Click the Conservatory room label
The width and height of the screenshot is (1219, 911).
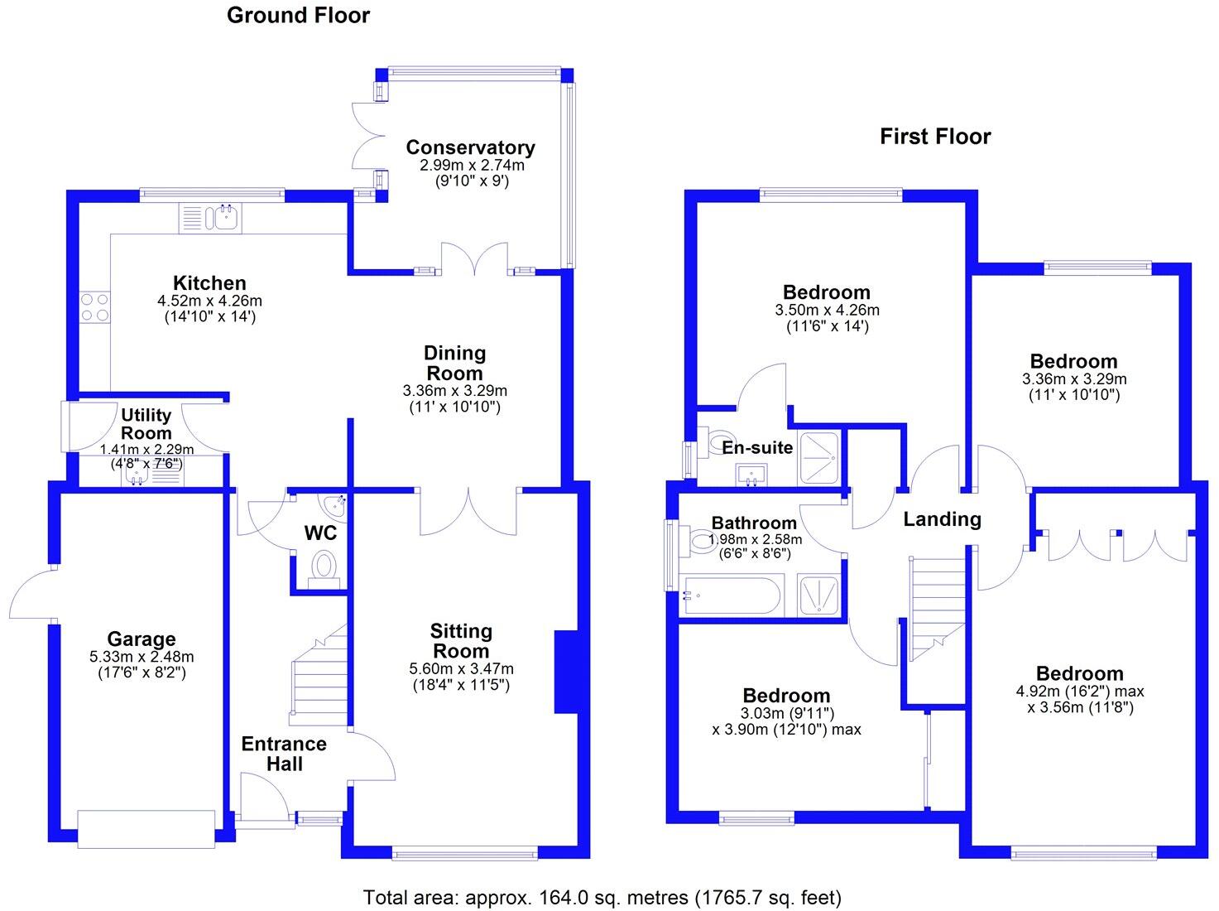point(470,147)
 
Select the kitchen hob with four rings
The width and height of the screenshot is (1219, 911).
point(94,307)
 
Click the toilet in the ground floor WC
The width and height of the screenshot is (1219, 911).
point(322,567)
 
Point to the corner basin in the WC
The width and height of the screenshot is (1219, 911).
point(335,504)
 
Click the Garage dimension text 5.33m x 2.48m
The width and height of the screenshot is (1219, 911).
point(141,657)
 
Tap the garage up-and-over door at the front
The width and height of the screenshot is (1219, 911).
point(146,829)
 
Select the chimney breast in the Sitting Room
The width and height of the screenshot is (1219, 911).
point(565,672)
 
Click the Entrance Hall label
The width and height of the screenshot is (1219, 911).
point(284,754)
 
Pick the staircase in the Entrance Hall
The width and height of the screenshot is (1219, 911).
point(316,675)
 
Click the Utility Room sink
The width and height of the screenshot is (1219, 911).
point(137,473)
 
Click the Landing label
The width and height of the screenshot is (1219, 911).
point(942,519)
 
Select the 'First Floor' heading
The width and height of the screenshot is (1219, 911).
point(935,137)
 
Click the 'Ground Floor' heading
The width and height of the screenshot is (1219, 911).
point(298,15)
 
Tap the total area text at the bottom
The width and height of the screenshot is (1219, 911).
point(602,897)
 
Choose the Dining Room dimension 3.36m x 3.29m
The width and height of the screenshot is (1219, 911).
point(454,391)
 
